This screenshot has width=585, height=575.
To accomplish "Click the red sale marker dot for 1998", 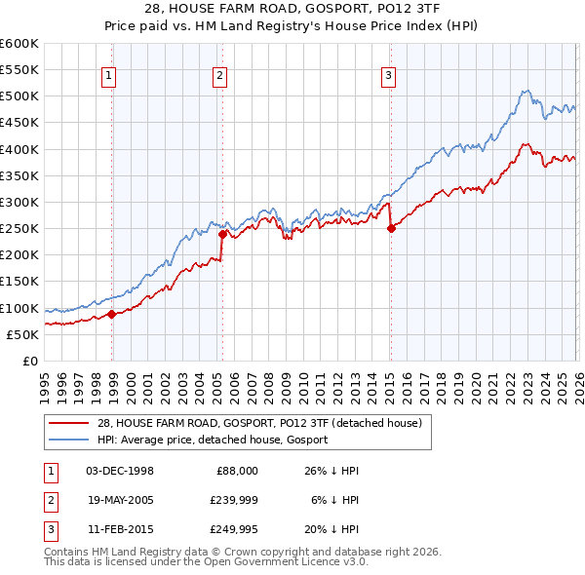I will point(111,314).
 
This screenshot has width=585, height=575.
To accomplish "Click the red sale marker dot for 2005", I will point(222,234).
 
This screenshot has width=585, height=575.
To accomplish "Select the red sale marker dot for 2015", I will point(390,229).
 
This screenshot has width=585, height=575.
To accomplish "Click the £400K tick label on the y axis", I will point(19,149).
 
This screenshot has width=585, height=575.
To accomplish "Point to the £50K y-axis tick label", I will point(23,334).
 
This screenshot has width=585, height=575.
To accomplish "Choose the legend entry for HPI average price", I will point(212,440).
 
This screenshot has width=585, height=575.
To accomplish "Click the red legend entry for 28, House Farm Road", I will point(258,423).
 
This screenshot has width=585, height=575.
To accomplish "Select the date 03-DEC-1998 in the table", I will point(119,470).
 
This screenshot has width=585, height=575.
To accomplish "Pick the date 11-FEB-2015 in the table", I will point(119,532).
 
